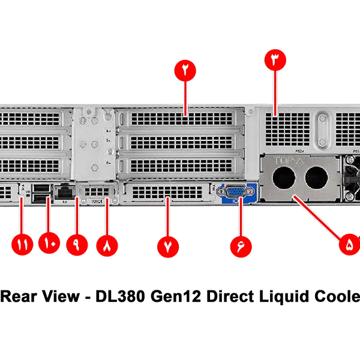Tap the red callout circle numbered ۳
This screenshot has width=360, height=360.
[x=275, y=60]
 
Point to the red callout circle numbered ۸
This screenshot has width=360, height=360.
[x=107, y=246]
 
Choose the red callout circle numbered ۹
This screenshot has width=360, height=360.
[x=77, y=246]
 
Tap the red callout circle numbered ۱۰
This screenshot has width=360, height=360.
[x=49, y=245]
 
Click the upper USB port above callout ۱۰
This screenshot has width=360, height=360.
[x=41, y=188]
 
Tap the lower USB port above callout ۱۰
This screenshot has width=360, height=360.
[x=41, y=198]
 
